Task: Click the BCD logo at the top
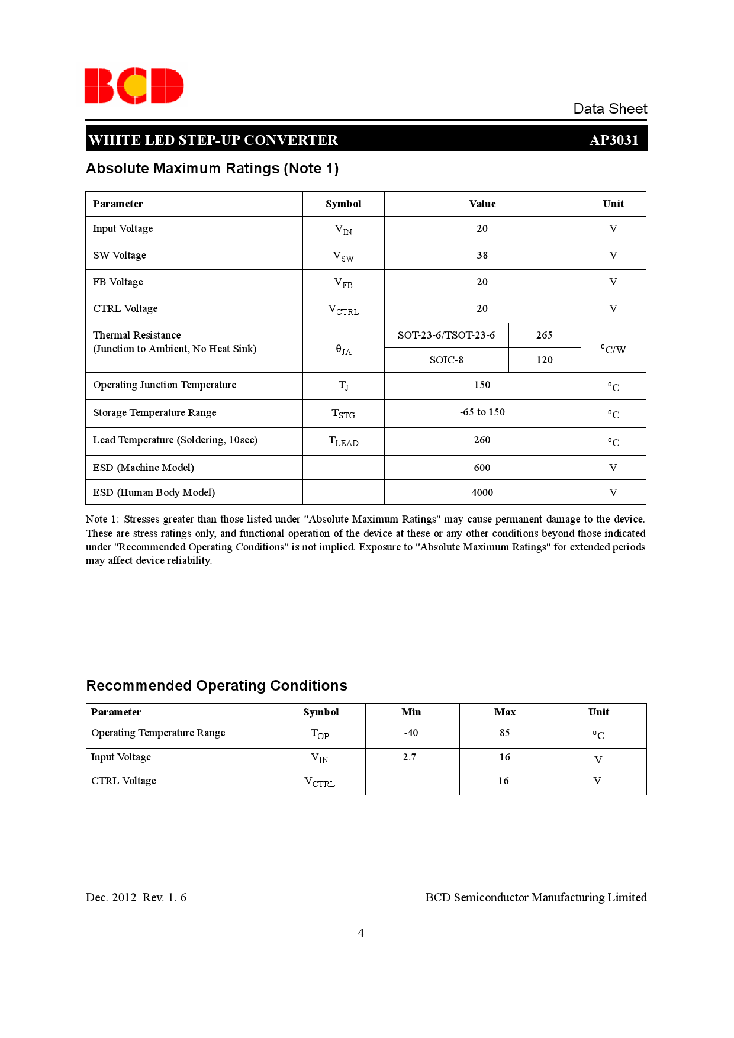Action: click(x=134, y=86)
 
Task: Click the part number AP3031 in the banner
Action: click(x=614, y=140)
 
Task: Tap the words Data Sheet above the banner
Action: click(x=610, y=109)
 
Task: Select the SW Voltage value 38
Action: click(x=482, y=256)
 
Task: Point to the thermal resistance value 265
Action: click(x=544, y=335)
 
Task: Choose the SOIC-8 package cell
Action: click(x=446, y=360)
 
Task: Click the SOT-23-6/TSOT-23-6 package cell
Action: click(x=446, y=335)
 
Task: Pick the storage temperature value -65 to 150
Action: click(x=482, y=412)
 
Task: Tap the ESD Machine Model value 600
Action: click(x=482, y=468)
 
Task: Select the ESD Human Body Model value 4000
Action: click(x=482, y=492)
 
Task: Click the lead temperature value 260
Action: click(x=482, y=440)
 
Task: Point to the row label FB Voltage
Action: click(x=118, y=282)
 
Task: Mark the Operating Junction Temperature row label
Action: click(x=165, y=385)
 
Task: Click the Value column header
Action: click(x=482, y=204)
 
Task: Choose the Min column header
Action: click(x=411, y=712)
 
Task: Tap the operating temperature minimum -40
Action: click(x=411, y=733)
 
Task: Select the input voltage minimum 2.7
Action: click(x=410, y=757)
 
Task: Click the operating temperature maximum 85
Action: click(x=505, y=733)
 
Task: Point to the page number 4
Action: click(x=361, y=933)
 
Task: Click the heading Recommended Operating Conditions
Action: click(x=217, y=686)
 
